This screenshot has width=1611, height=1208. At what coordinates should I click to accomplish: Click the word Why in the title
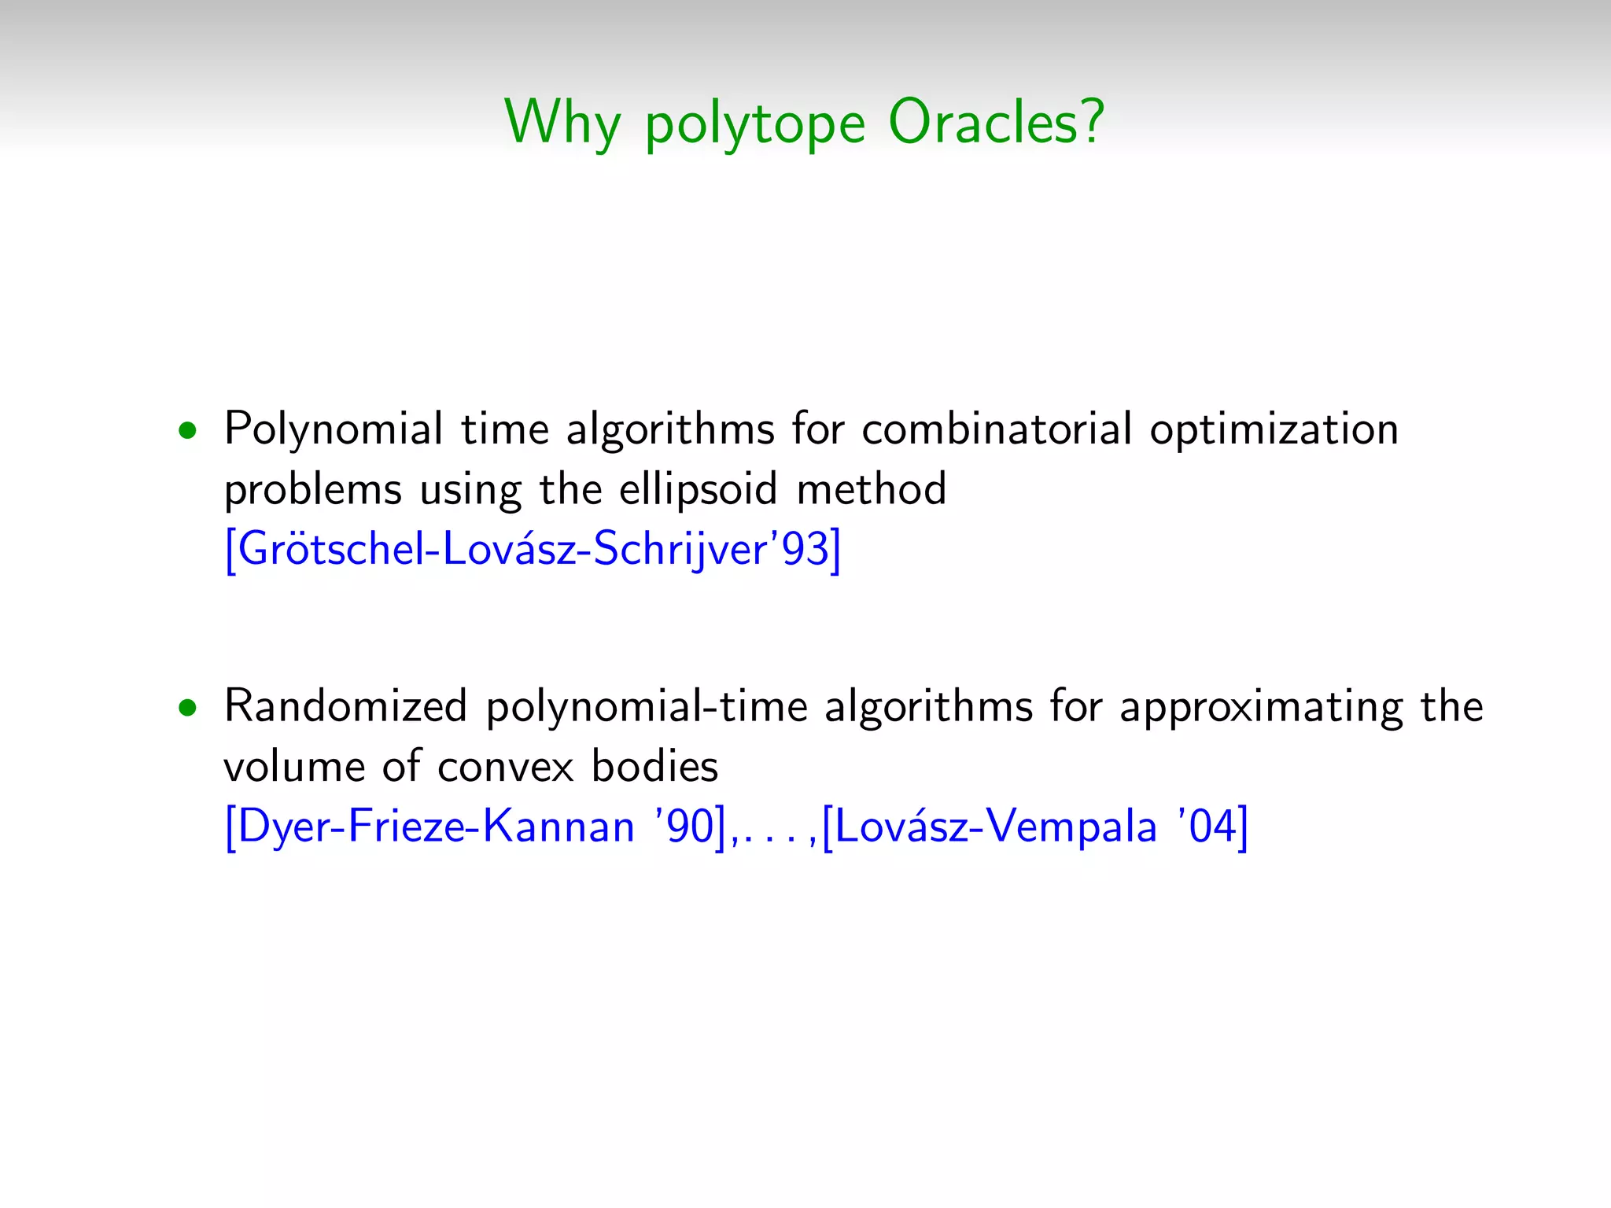(562, 123)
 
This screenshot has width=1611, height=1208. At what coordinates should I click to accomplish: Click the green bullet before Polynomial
(187, 431)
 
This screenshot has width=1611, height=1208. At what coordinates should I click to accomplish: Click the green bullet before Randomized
(187, 708)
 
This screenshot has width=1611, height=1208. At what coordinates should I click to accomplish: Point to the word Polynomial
(334, 429)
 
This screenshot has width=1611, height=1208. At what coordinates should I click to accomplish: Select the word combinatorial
(997, 429)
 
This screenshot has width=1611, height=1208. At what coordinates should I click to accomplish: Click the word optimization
(1274, 431)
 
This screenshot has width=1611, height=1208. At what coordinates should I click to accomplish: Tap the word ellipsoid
(699, 489)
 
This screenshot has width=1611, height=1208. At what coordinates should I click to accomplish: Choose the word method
(872, 489)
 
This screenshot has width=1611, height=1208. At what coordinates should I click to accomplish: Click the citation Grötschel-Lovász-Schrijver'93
(533, 549)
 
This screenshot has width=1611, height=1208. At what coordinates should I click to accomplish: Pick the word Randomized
(346, 706)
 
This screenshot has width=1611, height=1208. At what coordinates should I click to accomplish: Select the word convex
(506, 768)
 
